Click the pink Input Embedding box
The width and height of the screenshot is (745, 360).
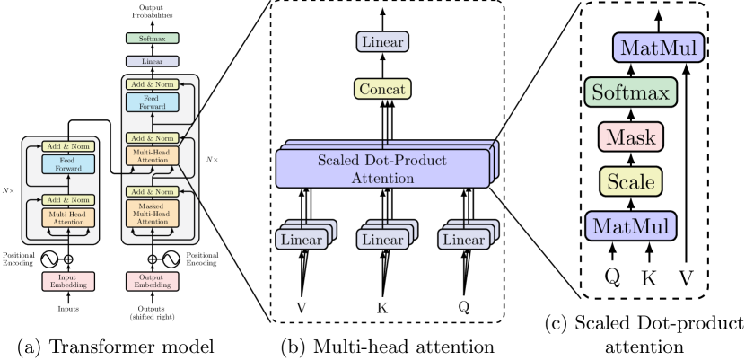tap(68, 281)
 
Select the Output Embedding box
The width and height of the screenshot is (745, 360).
tap(153, 281)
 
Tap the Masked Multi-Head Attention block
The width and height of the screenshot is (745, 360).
tap(153, 214)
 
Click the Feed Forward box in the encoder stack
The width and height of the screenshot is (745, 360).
tap(68, 164)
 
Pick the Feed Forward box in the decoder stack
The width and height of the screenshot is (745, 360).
tap(153, 102)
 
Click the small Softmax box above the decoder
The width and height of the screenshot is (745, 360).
tap(153, 39)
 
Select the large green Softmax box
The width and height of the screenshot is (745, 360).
tap(630, 92)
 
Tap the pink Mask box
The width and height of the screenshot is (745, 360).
tap(630, 137)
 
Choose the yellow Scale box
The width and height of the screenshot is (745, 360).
tap(630, 181)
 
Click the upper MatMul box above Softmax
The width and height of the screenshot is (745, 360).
tap(658, 48)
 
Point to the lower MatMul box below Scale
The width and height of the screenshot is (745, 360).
tap(630, 225)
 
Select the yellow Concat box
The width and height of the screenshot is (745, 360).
tap(382, 89)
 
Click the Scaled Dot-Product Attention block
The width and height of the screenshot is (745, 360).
tap(382, 169)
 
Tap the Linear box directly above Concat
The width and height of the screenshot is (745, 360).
tap(382, 42)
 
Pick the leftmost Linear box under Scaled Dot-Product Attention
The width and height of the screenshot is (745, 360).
tap(302, 240)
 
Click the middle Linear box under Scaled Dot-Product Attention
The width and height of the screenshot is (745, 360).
tap(383, 240)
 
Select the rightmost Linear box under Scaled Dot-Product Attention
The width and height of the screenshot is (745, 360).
tap(464, 240)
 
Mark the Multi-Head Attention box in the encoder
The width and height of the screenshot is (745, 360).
tap(68, 216)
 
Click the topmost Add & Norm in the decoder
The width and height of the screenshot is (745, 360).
tap(153, 84)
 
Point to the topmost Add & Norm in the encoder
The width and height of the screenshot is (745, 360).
tap(68, 146)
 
